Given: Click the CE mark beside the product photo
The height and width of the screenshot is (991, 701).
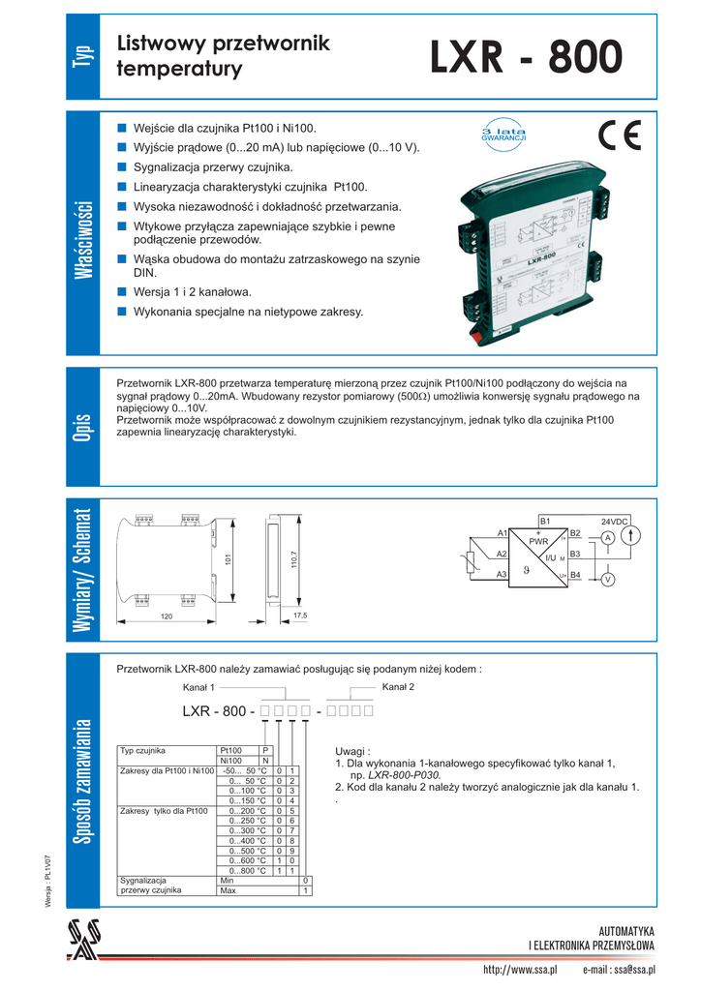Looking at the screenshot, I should (620, 136).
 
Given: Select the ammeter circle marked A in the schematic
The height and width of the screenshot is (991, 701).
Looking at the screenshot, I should (606, 537).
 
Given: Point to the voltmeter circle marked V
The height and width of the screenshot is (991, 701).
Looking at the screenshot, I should (607, 579).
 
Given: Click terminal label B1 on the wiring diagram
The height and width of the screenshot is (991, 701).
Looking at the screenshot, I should (545, 522).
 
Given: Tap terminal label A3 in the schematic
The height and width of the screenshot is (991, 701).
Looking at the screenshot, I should (502, 575).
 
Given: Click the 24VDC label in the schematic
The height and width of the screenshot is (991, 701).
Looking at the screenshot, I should (615, 522).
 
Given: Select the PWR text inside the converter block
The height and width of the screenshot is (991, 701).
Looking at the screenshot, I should (538, 542).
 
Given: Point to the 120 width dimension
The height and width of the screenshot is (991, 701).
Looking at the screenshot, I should (166, 616).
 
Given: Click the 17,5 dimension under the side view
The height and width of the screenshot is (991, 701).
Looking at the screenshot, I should (299, 616).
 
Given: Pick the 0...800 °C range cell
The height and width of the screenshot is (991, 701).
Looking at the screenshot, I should (248, 871).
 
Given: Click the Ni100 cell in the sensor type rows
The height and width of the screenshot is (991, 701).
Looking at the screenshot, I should (230, 761).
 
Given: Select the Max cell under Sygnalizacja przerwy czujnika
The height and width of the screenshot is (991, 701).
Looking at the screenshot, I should (229, 890).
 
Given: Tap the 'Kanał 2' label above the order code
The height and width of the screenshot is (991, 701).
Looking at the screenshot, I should (398, 687).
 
